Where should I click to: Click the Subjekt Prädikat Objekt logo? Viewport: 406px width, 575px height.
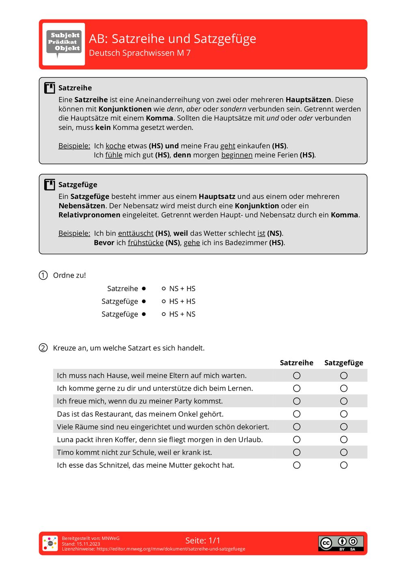pyautogui.click(x=64, y=43)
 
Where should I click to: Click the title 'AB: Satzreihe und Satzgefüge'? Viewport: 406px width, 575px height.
pyautogui.click(x=172, y=39)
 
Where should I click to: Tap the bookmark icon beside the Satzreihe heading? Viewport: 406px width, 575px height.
pyautogui.click(x=50, y=88)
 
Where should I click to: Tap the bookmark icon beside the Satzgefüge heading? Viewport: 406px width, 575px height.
pyautogui.click(x=50, y=185)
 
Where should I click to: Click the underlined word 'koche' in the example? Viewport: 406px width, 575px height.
pyautogui.click(x=115, y=146)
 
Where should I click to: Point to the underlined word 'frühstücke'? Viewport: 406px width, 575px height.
pyautogui.click(x=145, y=243)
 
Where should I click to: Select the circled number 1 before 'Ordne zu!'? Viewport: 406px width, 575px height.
pyautogui.click(x=43, y=275)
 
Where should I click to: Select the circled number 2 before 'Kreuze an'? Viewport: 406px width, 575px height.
pyautogui.click(x=43, y=348)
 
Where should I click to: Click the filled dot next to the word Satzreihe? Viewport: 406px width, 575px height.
pyautogui.click(x=144, y=289)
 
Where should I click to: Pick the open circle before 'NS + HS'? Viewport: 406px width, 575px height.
pyautogui.click(x=164, y=289)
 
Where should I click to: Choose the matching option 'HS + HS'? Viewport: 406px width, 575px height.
pyautogui.click(x=182, y=301)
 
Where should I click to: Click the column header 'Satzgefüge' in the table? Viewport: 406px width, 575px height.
pyautogui.click(x=343, y=363)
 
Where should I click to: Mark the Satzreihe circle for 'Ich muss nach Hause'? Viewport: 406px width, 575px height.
pyautogui.click(x=297, y=376)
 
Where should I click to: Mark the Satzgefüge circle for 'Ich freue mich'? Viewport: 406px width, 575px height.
pyautogui.click(x=344, y=401)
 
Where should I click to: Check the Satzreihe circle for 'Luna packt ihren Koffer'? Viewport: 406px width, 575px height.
pyautogui.click(x=297, y=440)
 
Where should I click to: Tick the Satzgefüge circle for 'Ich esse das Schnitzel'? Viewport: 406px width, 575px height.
pyautogui.click(x=344, y=465)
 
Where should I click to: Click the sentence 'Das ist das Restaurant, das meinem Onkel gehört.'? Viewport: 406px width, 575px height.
pyautogui.click(x=140, y=414)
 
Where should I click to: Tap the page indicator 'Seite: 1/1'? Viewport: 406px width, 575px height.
pyautogui.click(x=203, y=540)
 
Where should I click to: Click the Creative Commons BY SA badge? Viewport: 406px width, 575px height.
pyautogui.click(x=341, y=543)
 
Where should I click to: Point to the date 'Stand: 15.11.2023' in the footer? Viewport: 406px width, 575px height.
pyautogui.click(x=81, y=544)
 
